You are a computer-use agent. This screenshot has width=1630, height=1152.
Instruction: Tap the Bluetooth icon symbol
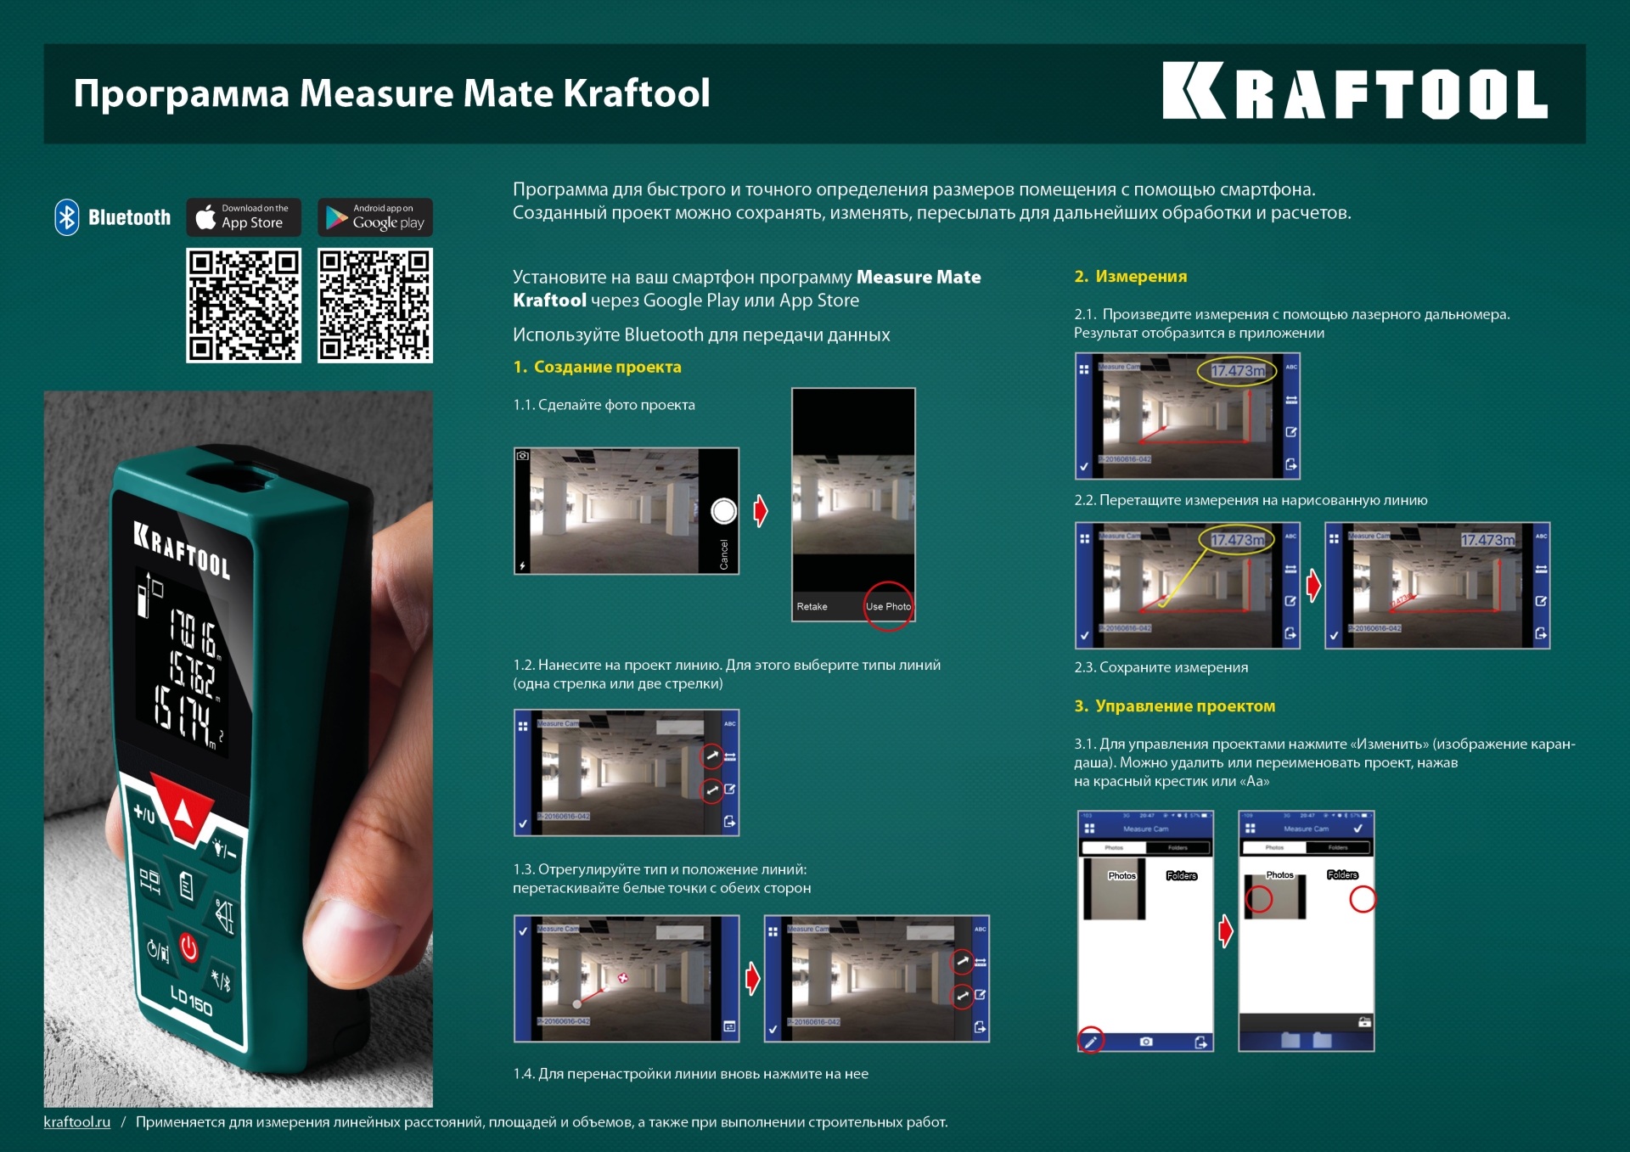click(67, 217)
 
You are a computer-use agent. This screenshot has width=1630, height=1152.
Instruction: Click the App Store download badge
click(244, 217)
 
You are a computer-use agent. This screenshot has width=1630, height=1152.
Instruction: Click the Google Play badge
click(375, 217)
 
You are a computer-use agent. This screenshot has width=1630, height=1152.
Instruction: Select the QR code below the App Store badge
click(244, 306)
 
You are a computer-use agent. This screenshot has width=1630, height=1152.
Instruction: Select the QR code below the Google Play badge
click(375, 306)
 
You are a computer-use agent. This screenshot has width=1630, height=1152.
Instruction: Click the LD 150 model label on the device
click(191, 1001)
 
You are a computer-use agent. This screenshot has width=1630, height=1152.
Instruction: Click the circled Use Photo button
click(888, 606)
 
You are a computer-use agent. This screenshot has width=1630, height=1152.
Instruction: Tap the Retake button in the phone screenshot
click(812, 606)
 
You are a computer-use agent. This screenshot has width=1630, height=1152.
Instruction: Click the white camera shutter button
click(723, 511)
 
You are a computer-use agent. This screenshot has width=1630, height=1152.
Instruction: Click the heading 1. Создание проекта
click(597, 367)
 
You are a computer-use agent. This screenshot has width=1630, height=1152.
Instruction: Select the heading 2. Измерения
click(1130, 276)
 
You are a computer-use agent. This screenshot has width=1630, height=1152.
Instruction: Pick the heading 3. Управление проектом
click(1174, 705)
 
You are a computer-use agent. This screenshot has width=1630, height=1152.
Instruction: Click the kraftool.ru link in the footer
click(77, 1121)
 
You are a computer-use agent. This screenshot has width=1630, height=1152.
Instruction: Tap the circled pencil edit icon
click(1091, 1041)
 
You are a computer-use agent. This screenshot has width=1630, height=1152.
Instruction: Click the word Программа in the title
click(181, 93)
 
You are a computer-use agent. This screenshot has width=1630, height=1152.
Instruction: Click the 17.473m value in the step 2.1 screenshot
click(1237, 371)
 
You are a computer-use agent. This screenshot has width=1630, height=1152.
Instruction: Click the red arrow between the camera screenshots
click(761, 510)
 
